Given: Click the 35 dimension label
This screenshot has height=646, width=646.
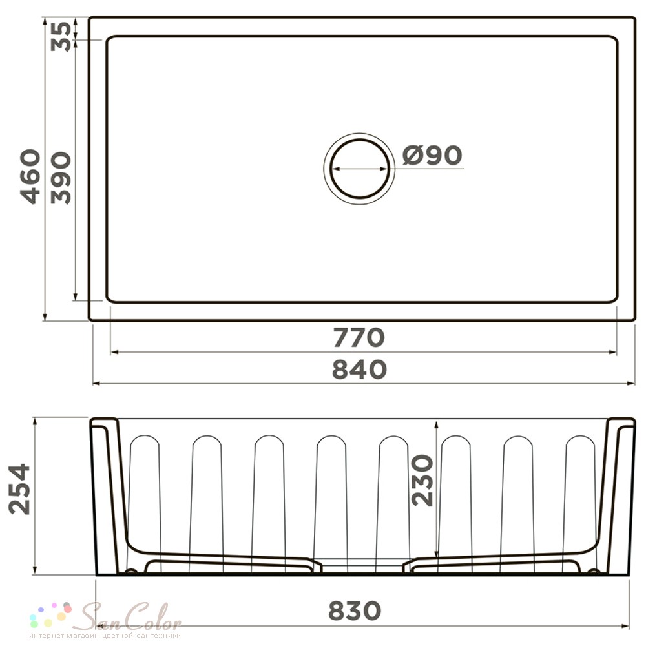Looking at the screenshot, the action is [61, 36].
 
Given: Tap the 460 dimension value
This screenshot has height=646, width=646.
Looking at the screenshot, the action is [30, 177].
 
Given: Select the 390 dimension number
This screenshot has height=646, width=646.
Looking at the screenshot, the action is [61, 178].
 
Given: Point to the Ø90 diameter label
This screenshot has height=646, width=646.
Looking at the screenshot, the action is [432, 155].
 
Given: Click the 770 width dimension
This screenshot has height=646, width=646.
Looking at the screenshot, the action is [359, 337].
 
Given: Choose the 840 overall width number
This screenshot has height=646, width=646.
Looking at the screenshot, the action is [359, 369].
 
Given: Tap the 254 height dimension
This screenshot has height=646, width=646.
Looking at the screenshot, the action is [19, 489].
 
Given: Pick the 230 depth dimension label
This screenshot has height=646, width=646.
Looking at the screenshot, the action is [422, 480].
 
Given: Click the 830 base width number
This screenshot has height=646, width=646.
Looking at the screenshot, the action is [355, 610].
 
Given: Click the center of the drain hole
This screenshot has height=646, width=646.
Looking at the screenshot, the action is [359, 169].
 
